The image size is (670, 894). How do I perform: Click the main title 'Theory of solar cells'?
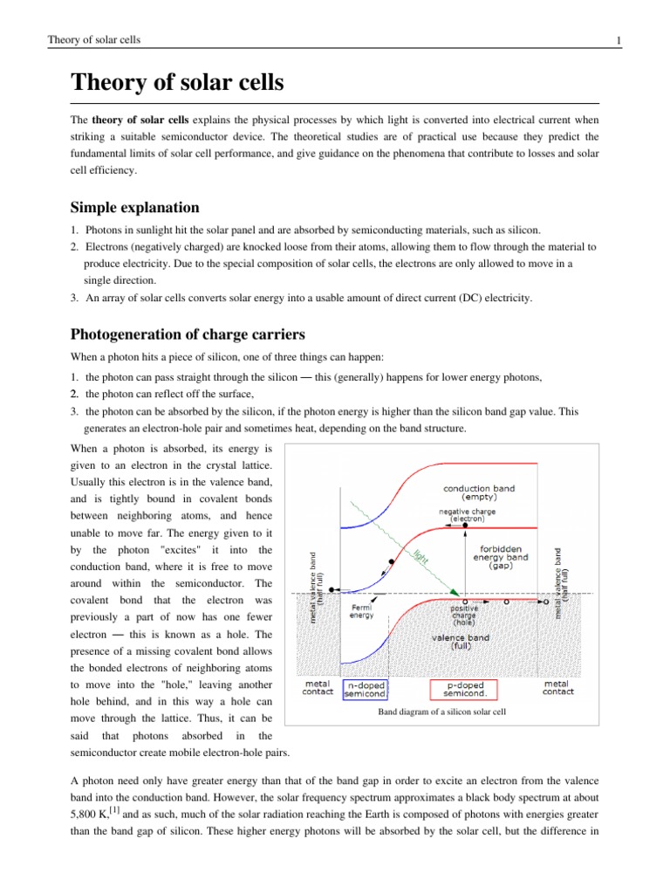[178, 86]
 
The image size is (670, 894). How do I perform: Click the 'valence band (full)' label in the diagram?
[461, 642]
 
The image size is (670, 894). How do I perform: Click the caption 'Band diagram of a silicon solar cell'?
[441, 713]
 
